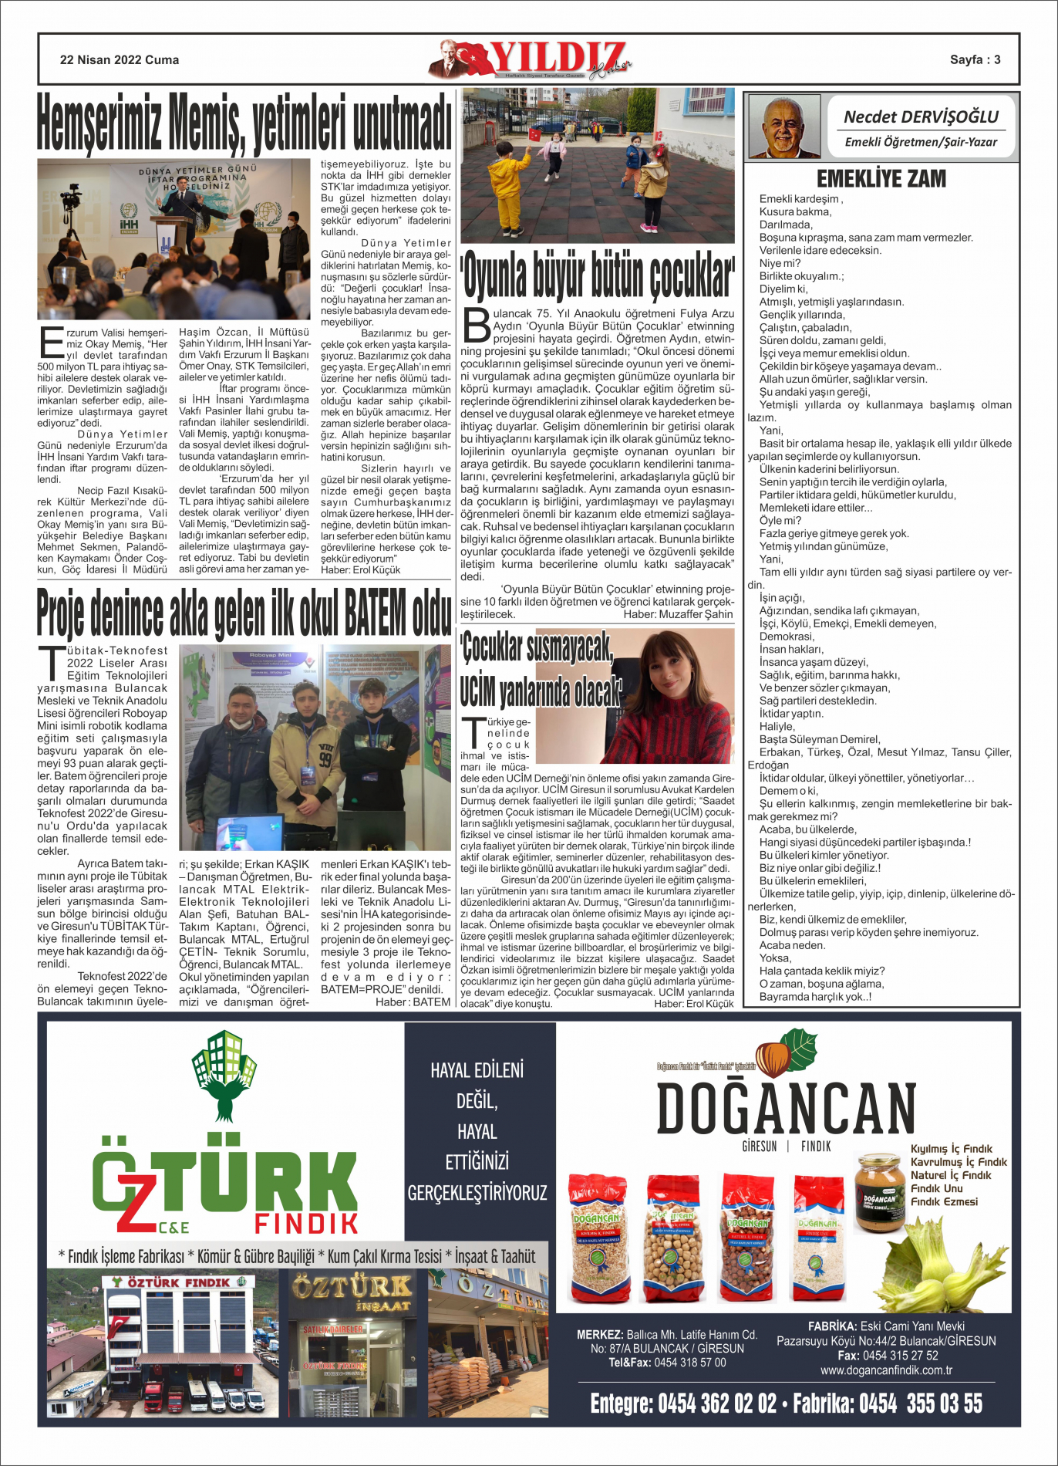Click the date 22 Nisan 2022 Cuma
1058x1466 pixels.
tap(120, 60)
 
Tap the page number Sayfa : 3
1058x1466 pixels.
tap(975, 60)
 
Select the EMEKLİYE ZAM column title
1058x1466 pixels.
tap(881, 179)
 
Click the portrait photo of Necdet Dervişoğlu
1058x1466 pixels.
tap(783, 127)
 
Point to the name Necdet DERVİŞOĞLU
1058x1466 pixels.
tap(921, 117)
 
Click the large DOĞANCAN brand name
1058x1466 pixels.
tap(786, 1109)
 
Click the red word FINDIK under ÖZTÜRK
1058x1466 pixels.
tap(306, 1223)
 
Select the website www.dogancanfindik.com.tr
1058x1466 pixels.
tap(886, 1370)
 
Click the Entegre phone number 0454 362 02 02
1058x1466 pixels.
tap(717, 1404)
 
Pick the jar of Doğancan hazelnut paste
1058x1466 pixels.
tap(879, 1191)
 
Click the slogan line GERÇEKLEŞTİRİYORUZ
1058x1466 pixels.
tap(477, 1193)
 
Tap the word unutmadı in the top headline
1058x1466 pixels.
tap(402, 122)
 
